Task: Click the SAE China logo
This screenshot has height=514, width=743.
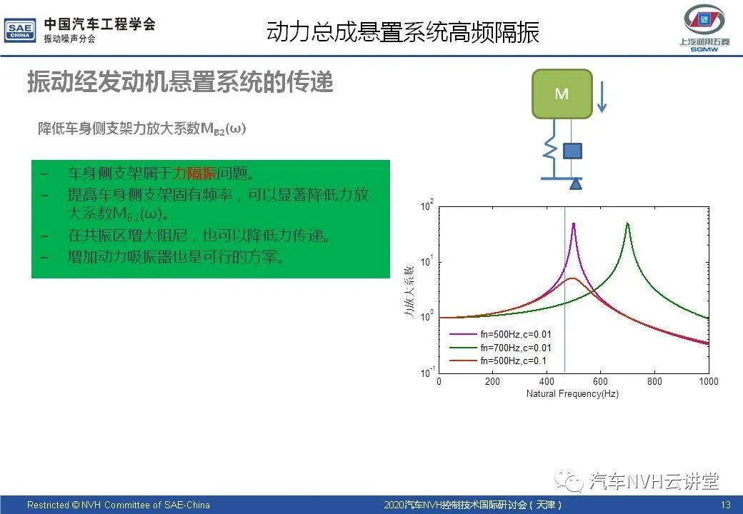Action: coord(20,31)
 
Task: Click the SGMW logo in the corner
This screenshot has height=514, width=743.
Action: coord(704,28)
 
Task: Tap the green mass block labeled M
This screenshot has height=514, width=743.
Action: coord(562,94)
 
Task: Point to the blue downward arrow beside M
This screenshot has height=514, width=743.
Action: coord(602,97)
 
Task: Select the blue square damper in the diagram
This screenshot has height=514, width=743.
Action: coord(572,151)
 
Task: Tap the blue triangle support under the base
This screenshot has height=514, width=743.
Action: coord(576,184)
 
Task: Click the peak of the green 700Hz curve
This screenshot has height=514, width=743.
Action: coord(627,223)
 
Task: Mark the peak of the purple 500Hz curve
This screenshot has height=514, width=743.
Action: coord(574,224)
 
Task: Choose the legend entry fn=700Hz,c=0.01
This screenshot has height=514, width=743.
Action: coord(500,348)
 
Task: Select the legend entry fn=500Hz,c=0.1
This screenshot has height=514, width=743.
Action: coord(497,361)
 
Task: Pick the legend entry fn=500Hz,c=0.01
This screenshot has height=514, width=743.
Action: coord(500,334)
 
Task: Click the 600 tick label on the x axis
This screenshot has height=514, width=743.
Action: coord(600,381)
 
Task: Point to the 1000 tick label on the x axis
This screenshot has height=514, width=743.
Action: coord(709,381)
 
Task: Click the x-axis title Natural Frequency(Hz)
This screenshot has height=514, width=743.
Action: coord(572,394)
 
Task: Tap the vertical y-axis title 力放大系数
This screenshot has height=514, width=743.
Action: coord(409,291)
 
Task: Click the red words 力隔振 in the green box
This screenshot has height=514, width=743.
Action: coord(194,173)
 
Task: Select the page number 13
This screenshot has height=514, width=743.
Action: coord(725,505)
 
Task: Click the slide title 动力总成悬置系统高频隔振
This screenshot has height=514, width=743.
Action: coord(403,32)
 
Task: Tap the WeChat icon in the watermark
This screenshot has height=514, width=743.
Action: coord(569,481)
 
